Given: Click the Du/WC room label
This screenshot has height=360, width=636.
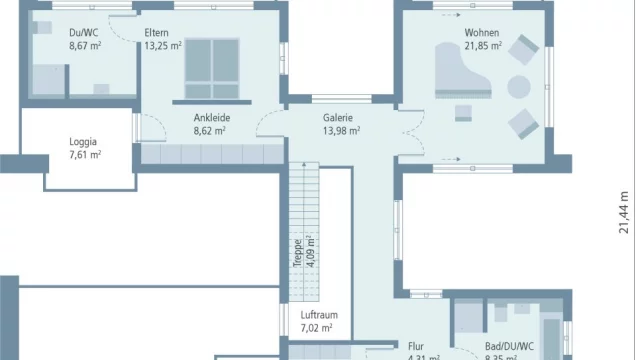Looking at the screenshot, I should [x=83, y=33].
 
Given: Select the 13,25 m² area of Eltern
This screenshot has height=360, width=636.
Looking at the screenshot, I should [x=162, y=46].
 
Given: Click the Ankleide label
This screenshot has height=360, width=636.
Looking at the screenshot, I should [x=209, y=117].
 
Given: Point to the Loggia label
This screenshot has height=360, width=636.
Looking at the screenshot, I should [x=84, y=141].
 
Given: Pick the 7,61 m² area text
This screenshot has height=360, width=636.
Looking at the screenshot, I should [x=84, y=154].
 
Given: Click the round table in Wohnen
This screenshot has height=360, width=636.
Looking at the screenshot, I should [x=520, y=86].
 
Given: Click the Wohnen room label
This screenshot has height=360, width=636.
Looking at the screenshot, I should [x=481, y=33].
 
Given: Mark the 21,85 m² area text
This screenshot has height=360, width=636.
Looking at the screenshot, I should [x=482, y=46].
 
